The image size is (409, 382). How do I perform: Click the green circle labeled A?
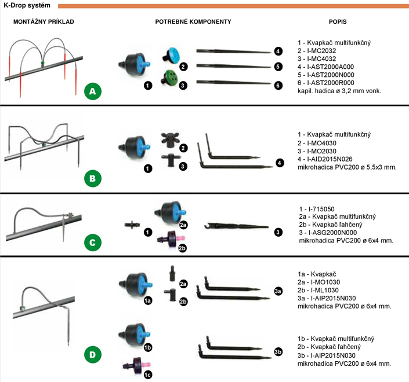coord(93,91)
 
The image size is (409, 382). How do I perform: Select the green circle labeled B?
coord(93,178)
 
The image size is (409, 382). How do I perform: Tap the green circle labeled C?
coord(93,242)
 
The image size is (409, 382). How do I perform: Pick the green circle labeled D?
coord(93,353)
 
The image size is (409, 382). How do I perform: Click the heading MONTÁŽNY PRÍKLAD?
coord(44,21)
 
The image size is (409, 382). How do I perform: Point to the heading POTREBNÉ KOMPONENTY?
coord(193,21)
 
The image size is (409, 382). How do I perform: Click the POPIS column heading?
coord(338,21)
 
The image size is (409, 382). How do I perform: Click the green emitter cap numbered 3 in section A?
coord(170,77)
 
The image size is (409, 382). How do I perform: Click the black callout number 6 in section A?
coord(278,85)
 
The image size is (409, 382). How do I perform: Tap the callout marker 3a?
coord(278,291)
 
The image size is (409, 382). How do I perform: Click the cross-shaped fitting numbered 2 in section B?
coord(169,139)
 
